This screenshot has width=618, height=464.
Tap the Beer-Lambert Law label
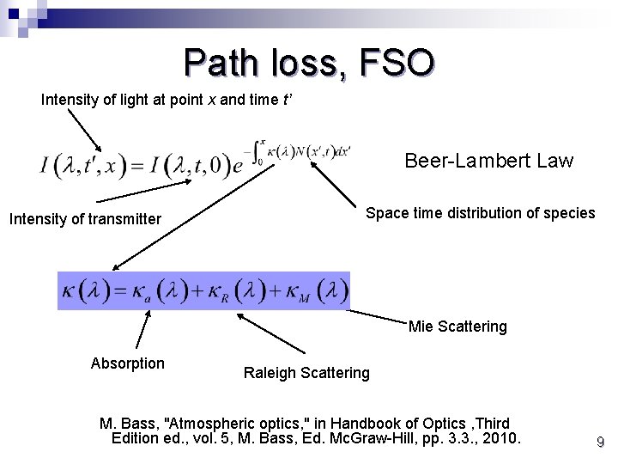488,161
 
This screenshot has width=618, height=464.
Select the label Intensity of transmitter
85,219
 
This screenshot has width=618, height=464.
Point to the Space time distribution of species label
480,213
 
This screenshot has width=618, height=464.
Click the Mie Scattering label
457,327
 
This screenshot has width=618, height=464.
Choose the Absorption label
127,363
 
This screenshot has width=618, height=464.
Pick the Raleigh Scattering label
306,373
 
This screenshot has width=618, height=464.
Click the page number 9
600,443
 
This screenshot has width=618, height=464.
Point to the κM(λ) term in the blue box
313,291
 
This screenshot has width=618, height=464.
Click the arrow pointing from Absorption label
142,329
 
